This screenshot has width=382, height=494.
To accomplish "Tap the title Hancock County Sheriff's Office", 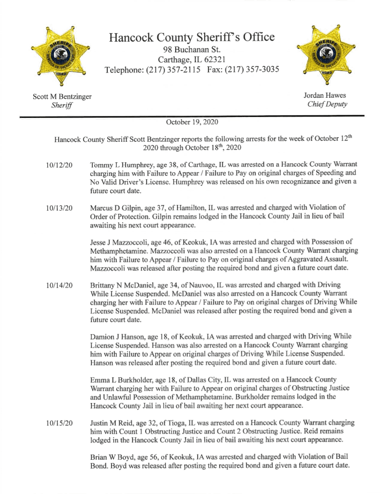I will [192, 38].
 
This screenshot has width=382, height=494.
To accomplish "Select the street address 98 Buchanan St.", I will [192, 50].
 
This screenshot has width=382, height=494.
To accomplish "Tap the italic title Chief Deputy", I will [327, 104].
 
